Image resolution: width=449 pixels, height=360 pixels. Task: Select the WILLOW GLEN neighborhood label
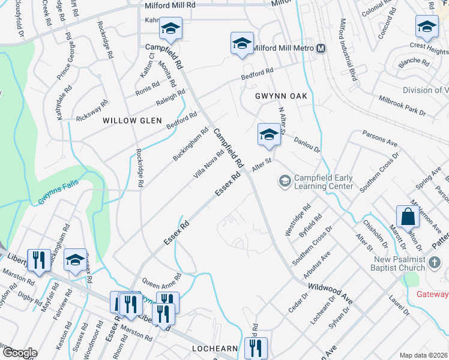click(x=132, y=121)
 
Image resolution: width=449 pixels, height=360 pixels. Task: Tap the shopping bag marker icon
click(x=408, y=217)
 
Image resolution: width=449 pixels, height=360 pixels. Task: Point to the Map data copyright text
click(x=424, y=355)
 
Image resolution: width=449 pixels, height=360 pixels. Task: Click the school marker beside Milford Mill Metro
click(x=242, y=43)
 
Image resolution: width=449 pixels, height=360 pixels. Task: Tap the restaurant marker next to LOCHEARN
click(x=256, y=347)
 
